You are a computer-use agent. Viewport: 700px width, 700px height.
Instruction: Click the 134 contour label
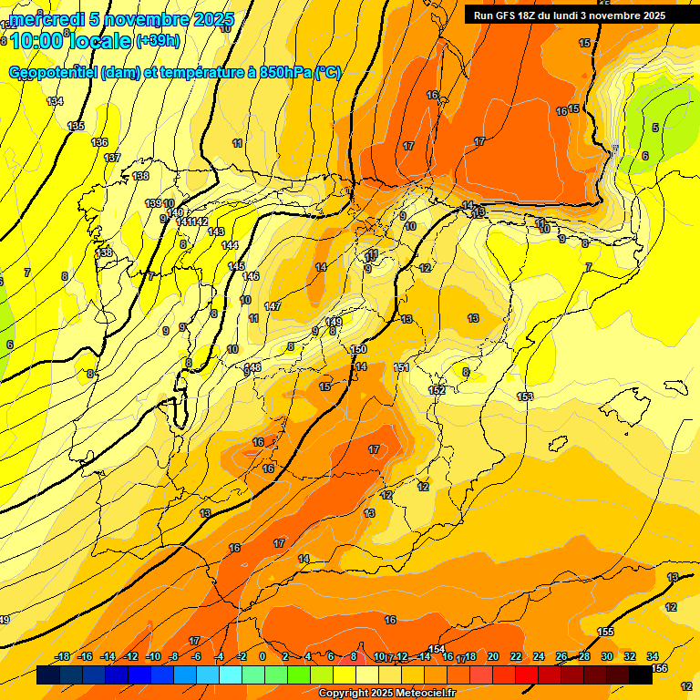click(x=56, y=101)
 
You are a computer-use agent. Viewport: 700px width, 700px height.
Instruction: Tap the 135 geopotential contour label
click(x=76, y=126)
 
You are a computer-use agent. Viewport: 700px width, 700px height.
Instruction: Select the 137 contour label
click(x=112, y=158)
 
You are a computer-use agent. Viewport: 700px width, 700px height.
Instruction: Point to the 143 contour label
click(x=216, y=232)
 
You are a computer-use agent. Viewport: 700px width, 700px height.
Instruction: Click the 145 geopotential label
click(x=236, y=266)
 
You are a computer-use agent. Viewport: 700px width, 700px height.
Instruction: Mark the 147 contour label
click(x=272, y=306)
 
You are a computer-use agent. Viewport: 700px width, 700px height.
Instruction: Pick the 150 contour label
click(x=358, y=349)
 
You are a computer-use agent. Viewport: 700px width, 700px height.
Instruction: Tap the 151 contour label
click(x=401, y=367)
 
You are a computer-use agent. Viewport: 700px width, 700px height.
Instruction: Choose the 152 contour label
click(x=437, y=390)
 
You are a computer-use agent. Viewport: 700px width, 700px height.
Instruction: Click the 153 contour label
click(x=525, y=396)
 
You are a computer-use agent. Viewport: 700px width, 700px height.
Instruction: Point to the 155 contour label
click(x=605, y=632)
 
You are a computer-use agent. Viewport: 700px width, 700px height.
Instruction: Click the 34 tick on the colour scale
click(x=653, y=656)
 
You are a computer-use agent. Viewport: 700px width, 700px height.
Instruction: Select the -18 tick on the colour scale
click(x=63, y=656)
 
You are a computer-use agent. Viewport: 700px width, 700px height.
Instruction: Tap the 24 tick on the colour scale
click(x=538, y=656)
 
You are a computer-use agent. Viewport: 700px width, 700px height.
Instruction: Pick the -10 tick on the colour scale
click(x=153, y=656)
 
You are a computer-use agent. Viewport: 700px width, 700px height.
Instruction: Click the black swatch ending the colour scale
click(x=641, y=675)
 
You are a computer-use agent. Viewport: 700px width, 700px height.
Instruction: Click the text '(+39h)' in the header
click(x=158, y=40)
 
